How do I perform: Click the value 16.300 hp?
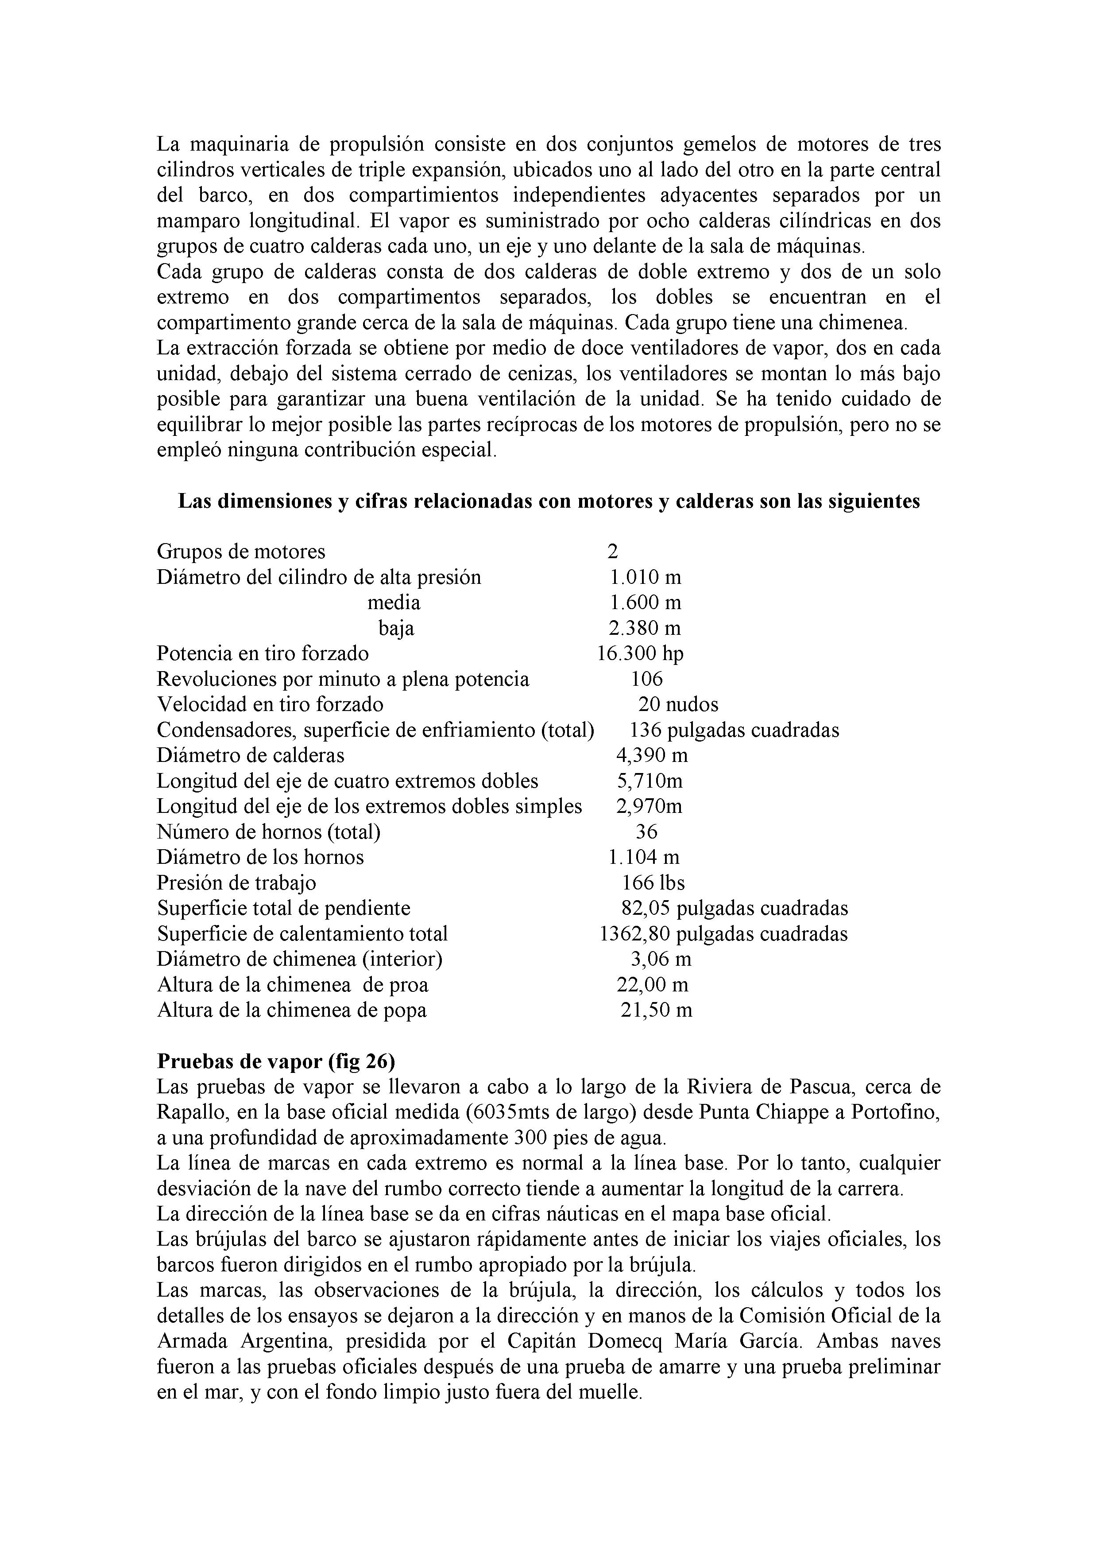click(640, 654)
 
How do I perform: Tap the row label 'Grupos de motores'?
click(241, 552)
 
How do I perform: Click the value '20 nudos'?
click(678, 705)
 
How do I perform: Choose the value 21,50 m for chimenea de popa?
click(656, 1010)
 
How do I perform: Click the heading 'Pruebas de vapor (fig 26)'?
click(276, 1061)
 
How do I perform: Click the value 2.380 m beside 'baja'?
click(645, 628)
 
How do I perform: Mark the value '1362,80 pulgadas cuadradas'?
click(723, 934)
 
